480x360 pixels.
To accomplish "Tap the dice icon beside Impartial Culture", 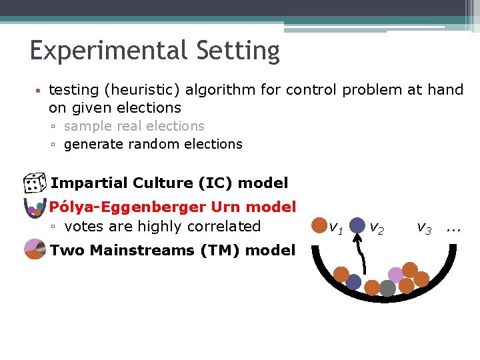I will tap(33, 183).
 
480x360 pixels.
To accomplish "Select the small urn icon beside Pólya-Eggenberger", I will tap(33, 208).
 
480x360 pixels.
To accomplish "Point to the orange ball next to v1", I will tap(319, 225).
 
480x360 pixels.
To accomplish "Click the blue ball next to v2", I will tap(358, 225).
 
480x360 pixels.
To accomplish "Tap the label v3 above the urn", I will tap(424, 228).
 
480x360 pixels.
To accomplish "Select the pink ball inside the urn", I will tap(396, 275).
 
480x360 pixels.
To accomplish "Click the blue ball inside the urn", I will tap(353, 283).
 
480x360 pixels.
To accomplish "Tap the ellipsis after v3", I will tap(454, 228).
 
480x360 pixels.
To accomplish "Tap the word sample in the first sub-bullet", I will tap(85, 126).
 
